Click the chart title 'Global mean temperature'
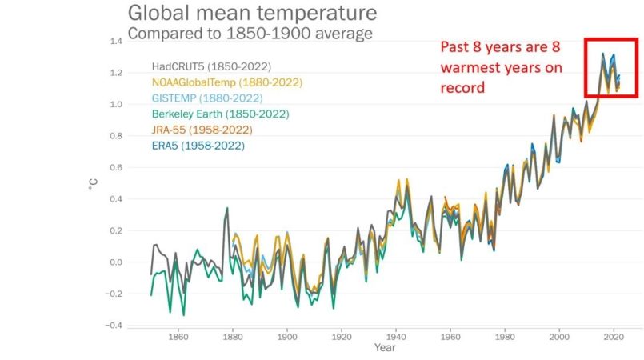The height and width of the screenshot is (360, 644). (252, 14)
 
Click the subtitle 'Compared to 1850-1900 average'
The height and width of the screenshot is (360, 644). (250, 34)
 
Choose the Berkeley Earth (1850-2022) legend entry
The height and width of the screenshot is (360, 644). (220, 114)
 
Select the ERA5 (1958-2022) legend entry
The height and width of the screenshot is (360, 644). (198, 146)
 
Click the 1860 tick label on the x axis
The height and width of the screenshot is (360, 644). (178, 337)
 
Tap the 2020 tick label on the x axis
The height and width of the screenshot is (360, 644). (614, 337)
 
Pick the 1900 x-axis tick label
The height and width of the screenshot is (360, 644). (286, 337)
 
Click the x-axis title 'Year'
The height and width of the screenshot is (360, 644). (384, 349)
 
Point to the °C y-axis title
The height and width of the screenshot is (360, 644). (93, 182)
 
